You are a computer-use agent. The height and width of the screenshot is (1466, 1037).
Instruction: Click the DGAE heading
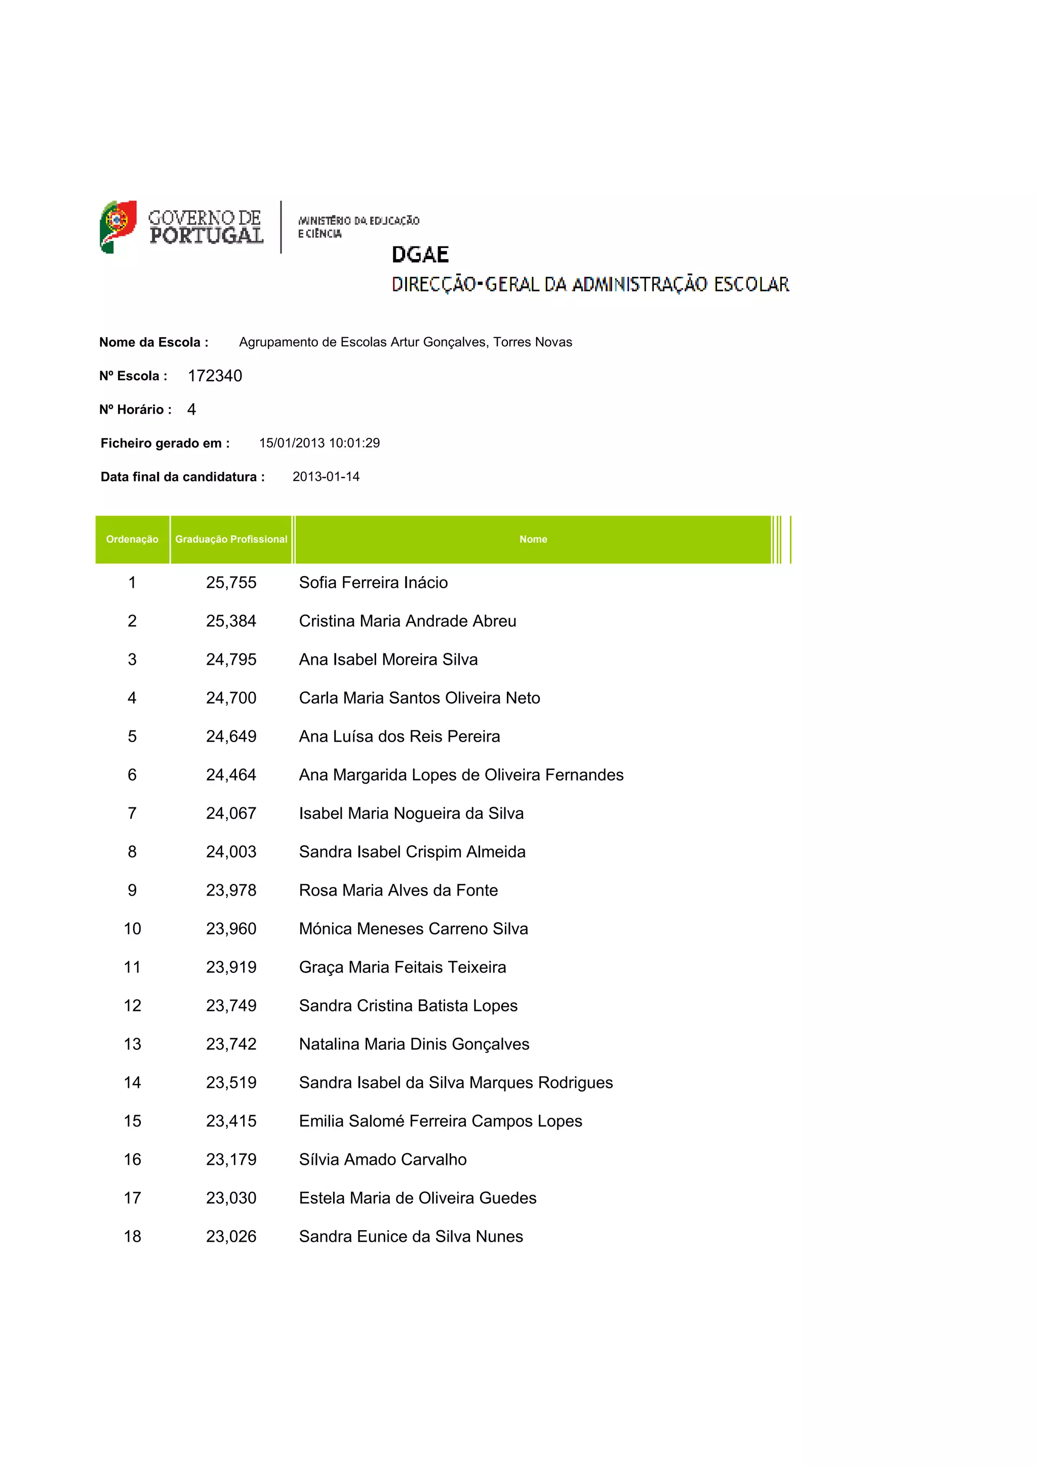[420, 255]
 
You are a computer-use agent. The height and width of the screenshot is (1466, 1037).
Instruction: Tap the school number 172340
[215, 376]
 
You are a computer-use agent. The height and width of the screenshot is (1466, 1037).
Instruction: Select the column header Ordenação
[132, 540]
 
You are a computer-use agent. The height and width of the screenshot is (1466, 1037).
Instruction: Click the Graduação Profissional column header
[231, 540]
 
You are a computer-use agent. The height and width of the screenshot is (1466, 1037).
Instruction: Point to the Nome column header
[533, 540]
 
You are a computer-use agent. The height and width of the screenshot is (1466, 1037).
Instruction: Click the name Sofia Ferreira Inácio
[373, 582]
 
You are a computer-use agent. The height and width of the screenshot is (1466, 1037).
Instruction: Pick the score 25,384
[231, 621]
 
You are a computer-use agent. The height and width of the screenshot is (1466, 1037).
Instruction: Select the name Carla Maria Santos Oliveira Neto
[419, 698]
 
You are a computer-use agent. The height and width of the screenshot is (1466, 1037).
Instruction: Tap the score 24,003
[231, 852]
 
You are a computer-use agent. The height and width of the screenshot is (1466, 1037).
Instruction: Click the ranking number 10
[132, 928]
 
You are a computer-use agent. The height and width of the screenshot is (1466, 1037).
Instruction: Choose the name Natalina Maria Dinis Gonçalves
[414, 1044]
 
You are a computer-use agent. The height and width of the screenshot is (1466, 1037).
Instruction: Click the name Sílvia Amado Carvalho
[382, 1160]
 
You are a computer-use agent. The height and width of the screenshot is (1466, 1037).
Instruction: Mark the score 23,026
[231, 1236]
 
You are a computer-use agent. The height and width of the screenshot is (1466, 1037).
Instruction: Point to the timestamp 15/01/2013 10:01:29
[320, 443]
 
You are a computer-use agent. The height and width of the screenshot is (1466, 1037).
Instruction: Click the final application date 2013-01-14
[326, 477]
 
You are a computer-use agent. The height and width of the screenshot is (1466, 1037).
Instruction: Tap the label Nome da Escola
[153, 342]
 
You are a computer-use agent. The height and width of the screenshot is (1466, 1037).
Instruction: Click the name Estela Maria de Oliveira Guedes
[418, 1198]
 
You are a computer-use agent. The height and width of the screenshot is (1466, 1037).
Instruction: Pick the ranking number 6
[132, 775]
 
